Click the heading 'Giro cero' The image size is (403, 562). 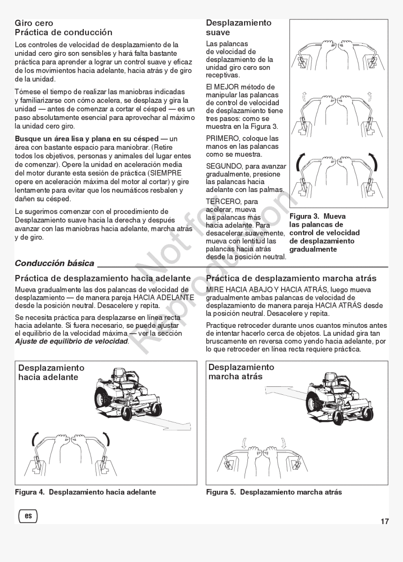click(x=34, y=23)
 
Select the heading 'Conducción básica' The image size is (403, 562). click(x=54, y=264)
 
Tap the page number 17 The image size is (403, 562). click(x=384, y=522)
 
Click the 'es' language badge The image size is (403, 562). click(x=28, y=516)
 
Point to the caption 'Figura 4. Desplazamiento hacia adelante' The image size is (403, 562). click(x=85, y=492)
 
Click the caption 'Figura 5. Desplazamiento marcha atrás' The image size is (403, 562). click(x=274, y=492)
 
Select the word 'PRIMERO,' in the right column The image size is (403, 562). click(x=222, y=139)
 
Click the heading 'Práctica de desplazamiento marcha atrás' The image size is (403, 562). click(x=291, y=278)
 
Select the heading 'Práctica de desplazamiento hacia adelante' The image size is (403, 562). click(x=103, y=278)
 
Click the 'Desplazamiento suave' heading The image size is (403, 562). click(x=238, y=28)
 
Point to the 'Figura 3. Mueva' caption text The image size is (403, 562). click(x=317, y=216)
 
